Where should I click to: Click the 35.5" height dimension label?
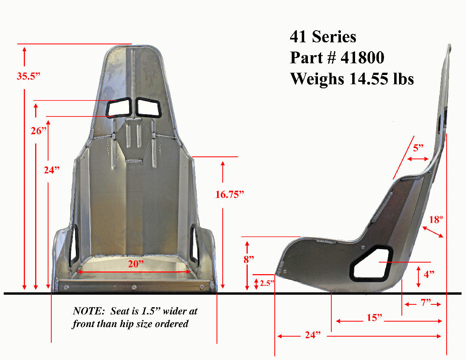coord(29,77)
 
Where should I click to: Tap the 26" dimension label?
coord(39,131)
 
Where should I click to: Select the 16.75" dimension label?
coord(230,195)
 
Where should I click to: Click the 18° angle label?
coord(436,219)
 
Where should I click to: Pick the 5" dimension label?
coord(418,148)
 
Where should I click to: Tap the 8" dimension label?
coord(249,259)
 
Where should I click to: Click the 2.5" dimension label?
coord(267,283)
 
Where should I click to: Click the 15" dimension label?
coord(374,318)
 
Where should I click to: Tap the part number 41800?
coord(362,58)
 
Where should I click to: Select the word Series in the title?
coord(334,37)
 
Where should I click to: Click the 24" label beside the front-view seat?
coord(52,170)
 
